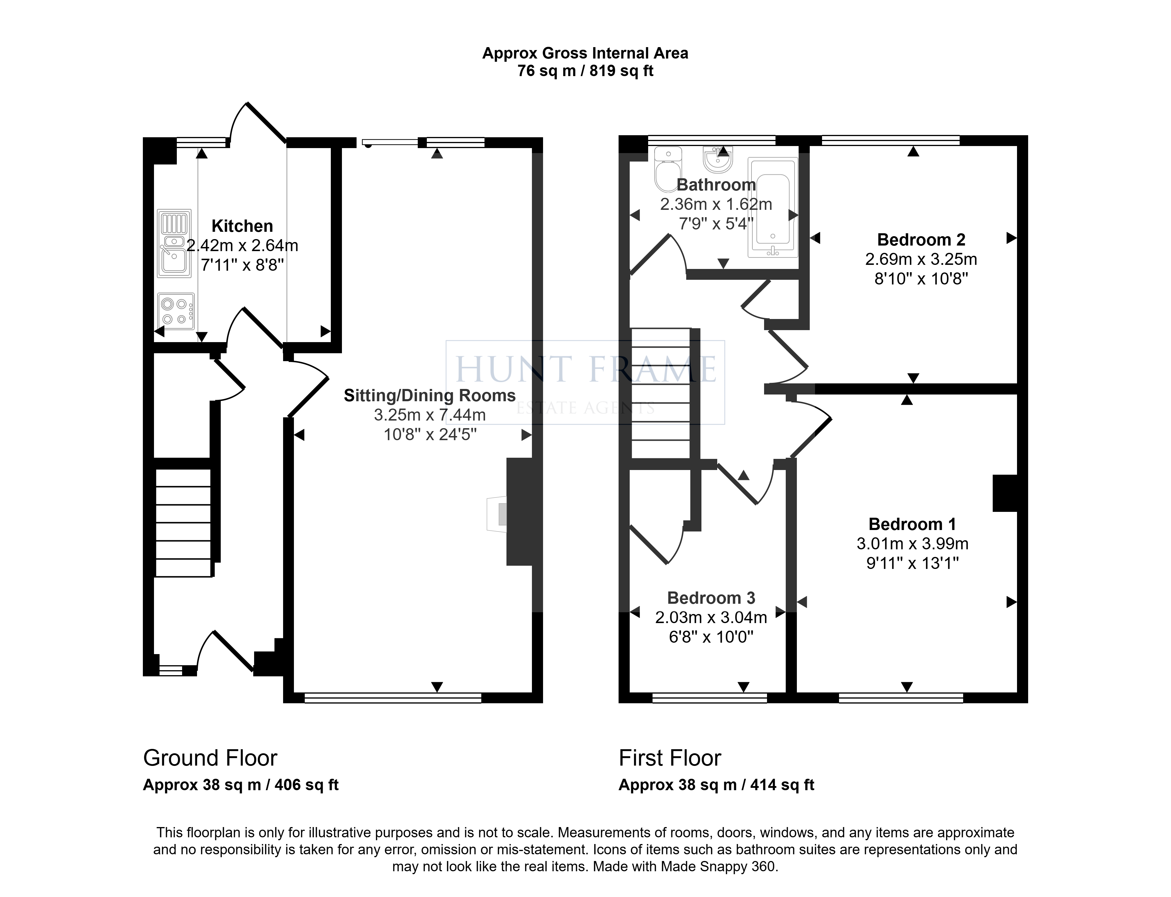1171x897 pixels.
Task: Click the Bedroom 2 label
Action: point(921,240)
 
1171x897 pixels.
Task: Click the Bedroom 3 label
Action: point(711,598)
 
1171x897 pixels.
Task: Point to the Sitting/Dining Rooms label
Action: point(430,396)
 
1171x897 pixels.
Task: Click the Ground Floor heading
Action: point(210,758)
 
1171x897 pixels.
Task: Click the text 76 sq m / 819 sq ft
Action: point(585,71)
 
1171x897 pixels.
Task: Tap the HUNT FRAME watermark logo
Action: point(585,382)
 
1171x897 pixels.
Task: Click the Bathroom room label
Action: point(716,185)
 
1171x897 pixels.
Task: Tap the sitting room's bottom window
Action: point(393,697)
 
